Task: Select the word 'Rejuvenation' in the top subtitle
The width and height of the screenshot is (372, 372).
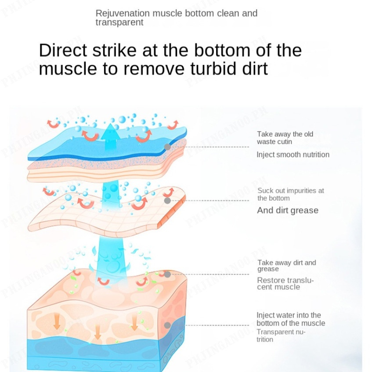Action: [x=123, y=13]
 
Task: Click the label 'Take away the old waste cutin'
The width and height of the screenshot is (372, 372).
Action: [x=285, y=138]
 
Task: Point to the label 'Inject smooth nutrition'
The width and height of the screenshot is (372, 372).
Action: [x=293, y=155]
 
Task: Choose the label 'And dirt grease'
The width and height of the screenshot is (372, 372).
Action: [x=288, y=210]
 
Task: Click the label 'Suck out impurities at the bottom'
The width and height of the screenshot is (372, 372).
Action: [x=291, y=194]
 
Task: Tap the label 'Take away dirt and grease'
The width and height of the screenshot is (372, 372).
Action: [x=286, y=266]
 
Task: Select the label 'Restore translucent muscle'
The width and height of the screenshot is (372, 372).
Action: [x=285, y=284]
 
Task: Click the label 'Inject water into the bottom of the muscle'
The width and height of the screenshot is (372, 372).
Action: [x=291, y=319]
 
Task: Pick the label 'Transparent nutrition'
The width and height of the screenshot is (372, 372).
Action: [x=281, y=336]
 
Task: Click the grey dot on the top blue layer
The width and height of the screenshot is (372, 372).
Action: [x=167, y=147]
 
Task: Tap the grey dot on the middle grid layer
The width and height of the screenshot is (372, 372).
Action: [x=167, y=201]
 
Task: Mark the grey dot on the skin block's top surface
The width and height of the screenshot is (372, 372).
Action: [x=167, y=274]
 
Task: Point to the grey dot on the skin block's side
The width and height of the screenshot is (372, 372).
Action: [x=167, y=325]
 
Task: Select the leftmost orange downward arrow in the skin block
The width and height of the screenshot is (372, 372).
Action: [x=57, y=322]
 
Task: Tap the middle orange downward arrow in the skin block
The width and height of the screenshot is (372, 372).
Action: [x=98, y=333]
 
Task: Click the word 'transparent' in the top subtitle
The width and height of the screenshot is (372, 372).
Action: [x=119, y=22]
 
